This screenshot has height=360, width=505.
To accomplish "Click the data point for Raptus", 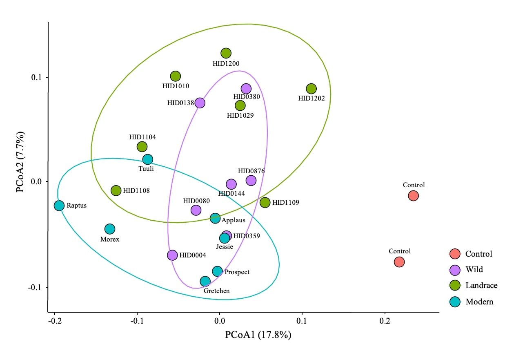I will click(59, 205).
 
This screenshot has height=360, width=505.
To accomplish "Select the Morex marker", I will click(110, 229).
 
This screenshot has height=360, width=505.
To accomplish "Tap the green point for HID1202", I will click(311, 89).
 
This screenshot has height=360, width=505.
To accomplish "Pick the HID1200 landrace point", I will click(226, 53).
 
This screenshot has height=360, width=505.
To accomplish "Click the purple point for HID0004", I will click(172, 255).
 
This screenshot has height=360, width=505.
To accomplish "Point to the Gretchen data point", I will click(205, 281).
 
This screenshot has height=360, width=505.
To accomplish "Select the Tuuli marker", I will click(148, 159).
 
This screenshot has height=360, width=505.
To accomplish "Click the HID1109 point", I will click(265, 202).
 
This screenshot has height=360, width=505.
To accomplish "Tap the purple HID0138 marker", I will click(200, 103).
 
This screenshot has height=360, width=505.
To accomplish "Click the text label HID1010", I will click(176, 86).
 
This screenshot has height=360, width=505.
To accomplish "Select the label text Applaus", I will click(234, 220).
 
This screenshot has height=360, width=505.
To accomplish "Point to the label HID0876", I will click(251, 171).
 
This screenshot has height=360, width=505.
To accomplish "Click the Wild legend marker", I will click(455, 270).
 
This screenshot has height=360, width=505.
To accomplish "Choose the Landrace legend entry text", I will click(481, 286).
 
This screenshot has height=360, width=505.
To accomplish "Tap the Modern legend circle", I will click(455, 302).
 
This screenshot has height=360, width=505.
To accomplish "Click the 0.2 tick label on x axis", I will click(385, 322).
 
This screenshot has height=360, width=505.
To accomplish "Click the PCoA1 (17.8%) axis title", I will click(258, 335).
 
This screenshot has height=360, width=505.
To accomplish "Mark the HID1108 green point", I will click(116, 190).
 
